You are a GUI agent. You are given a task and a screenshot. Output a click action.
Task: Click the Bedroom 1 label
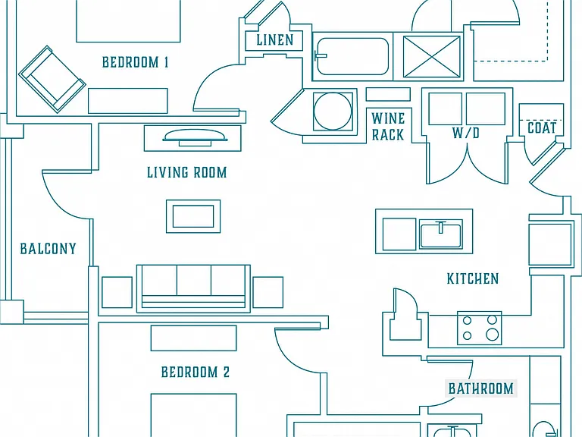[135, 62]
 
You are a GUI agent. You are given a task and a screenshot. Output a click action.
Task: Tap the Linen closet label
[275, 39]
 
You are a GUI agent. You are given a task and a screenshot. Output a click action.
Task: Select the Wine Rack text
[388, 127]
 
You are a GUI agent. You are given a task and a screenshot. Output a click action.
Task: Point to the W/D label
[466, 133]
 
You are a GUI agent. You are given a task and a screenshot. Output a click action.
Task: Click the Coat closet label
[542, 128]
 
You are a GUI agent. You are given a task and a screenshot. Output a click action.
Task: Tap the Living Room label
[186, 172]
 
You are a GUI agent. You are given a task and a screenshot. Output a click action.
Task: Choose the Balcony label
[48, 249]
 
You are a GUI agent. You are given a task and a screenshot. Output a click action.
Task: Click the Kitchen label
[473, 278]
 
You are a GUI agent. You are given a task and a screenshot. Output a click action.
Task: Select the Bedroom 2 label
[196, 372]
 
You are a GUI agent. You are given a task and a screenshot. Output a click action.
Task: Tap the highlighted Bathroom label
[481, 388]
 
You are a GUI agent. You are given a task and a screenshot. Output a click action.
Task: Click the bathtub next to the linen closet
[352, 56]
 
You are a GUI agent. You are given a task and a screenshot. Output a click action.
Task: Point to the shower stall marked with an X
[431, 56]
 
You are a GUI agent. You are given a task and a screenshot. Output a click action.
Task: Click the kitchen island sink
[440, 234]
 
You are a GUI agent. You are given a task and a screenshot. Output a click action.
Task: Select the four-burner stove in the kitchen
[480, 328]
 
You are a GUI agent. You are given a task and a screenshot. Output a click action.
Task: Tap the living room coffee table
[193, 216]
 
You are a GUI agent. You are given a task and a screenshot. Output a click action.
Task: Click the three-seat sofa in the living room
[193, 288]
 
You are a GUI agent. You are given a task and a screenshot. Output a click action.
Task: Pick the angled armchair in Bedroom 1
[52, 80]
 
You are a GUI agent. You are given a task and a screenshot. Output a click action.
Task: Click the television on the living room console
[195, 137]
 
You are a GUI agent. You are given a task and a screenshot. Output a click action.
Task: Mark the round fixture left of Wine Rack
[333, 111]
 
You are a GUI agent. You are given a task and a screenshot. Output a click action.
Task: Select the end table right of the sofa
[268, 292]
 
